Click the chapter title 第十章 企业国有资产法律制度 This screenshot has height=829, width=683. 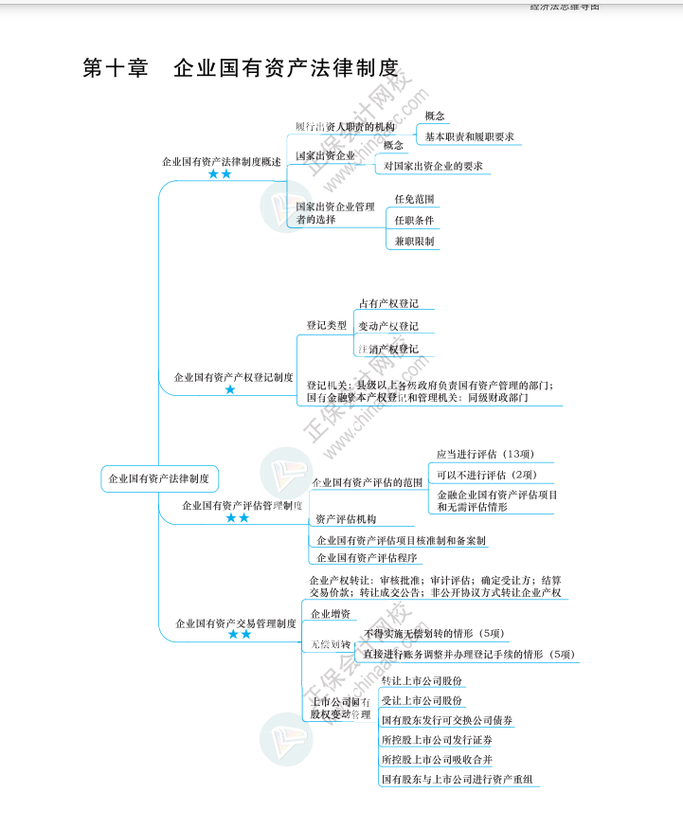click(x=241, y=69)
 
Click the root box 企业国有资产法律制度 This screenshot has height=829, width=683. click(x=159, y=478)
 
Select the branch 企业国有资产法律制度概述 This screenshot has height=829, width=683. click(x=222, y=162)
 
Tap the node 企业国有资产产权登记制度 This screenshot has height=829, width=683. click(x=233, y=377)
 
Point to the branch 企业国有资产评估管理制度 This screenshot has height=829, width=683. click(x=242, y=505)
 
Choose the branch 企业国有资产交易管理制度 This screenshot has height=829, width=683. click(x=236, y=623)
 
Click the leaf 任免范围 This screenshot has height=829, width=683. click(x=414, y=200)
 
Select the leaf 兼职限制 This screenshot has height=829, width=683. click(x=414, y=242)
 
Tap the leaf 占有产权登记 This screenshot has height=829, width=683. click(x=388, y=304)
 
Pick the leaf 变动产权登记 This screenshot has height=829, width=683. click(x=388, y=327)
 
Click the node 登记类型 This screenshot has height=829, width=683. click(x=326, y=326)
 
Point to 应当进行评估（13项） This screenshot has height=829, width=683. click(x=485, y=454)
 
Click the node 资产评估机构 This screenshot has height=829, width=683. click(x=346, y=519)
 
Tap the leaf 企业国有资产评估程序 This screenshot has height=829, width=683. click(x=367, y=558)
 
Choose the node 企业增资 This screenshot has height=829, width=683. click(x=331, y=613)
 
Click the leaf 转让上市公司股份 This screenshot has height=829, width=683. click(x=422, y=680)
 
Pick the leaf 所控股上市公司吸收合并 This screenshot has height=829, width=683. click(x=437, y=760)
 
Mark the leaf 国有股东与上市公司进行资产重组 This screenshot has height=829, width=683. click(x=457, y=780)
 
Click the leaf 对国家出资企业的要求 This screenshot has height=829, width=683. click(x=433, y=167)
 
